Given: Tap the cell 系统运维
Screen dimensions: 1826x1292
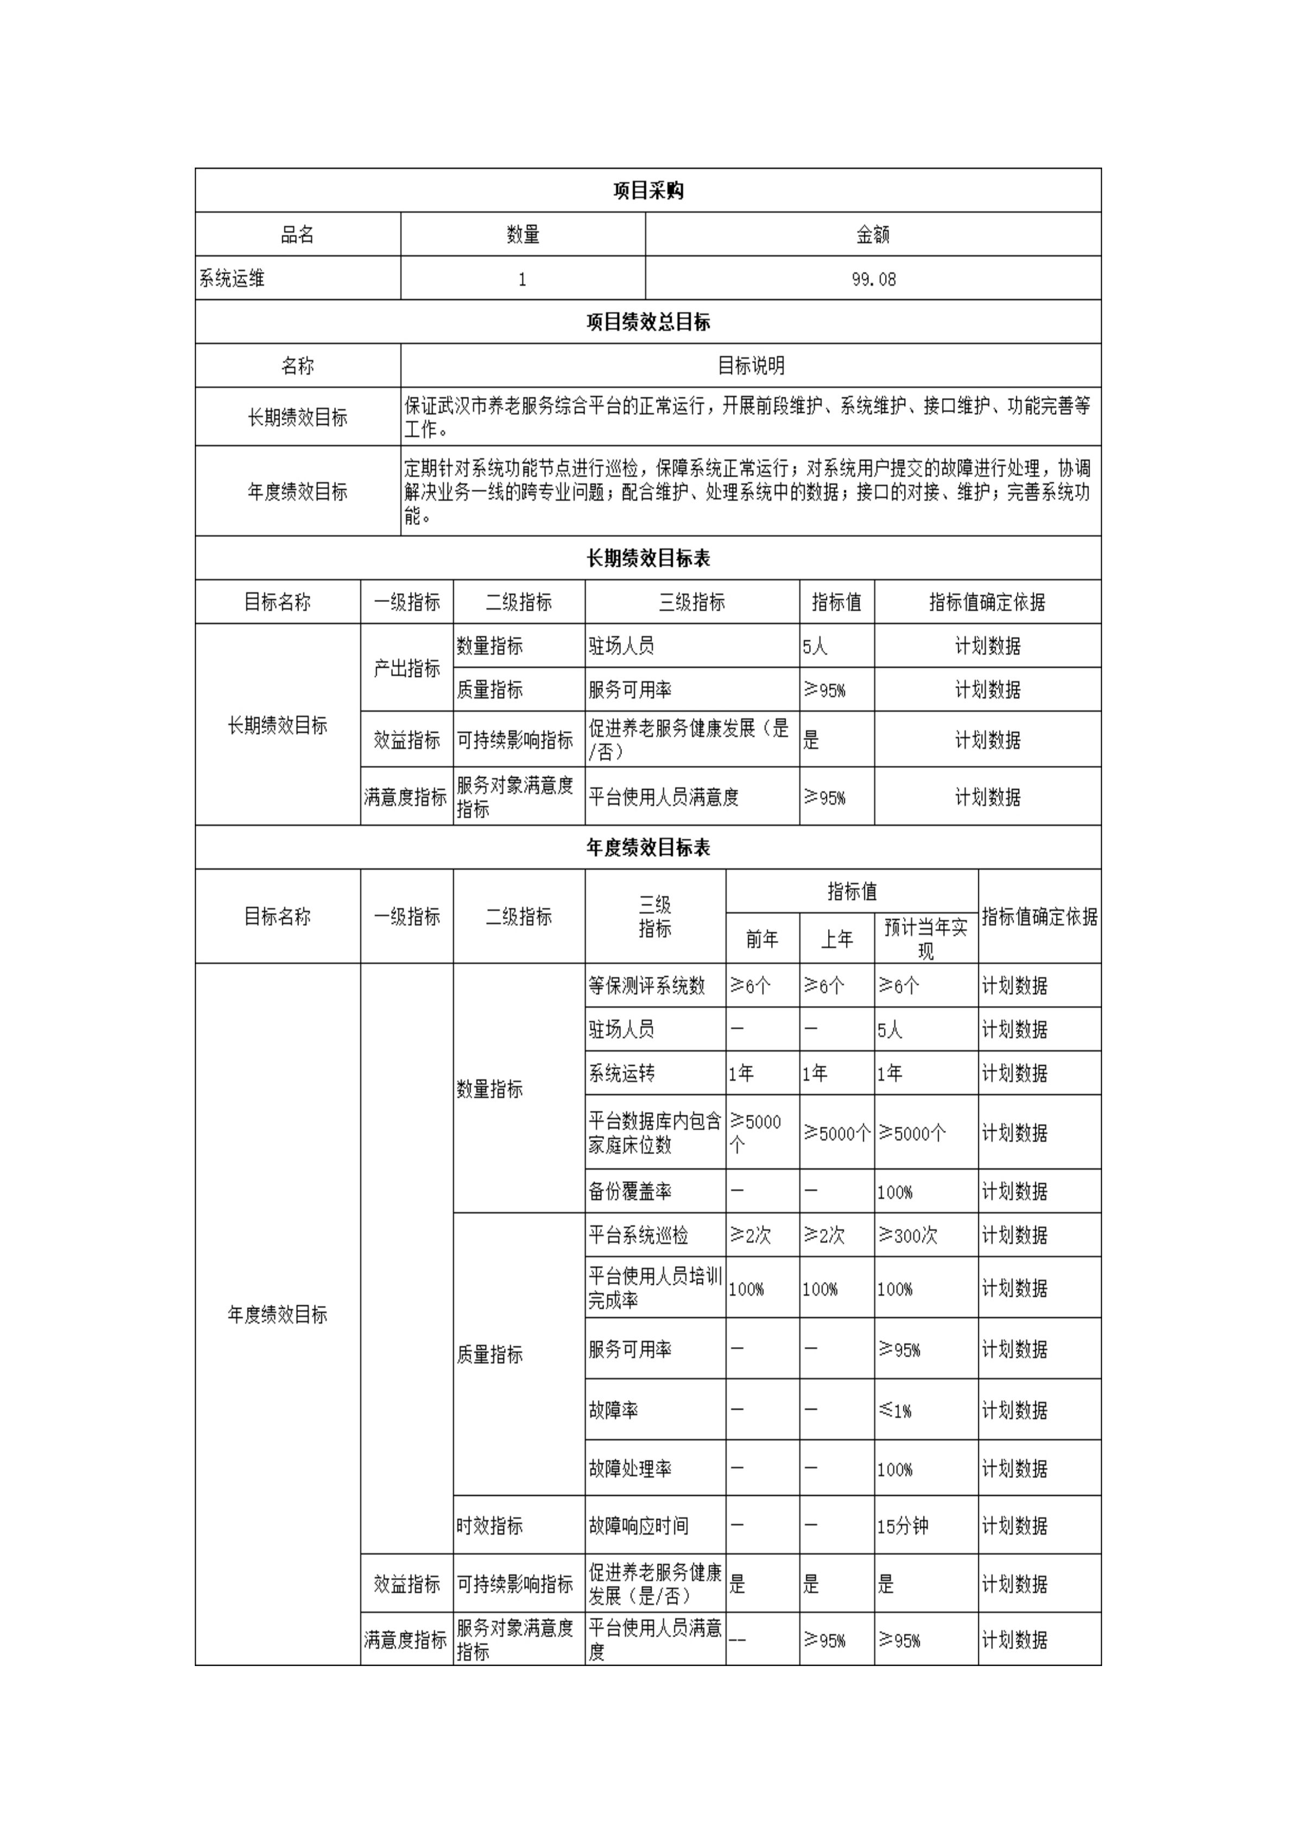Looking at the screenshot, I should click(232, 278).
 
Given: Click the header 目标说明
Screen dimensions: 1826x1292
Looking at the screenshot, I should click(750, 366).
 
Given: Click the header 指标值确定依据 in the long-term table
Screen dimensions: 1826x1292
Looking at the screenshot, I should click(986, 602).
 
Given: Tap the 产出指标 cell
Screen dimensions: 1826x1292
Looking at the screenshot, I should click(406, 668).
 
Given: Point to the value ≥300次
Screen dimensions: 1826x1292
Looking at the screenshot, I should click(908, 1235).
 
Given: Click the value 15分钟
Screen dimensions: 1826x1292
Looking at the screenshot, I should click(902, 1526).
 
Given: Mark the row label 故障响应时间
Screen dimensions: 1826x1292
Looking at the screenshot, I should click(638, 1526).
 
